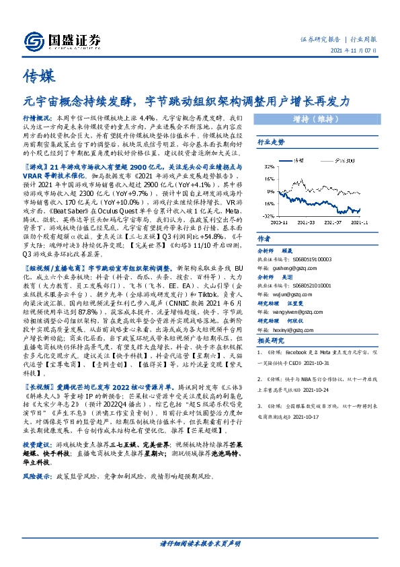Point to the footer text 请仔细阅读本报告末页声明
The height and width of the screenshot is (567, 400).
(x=200, y=543)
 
